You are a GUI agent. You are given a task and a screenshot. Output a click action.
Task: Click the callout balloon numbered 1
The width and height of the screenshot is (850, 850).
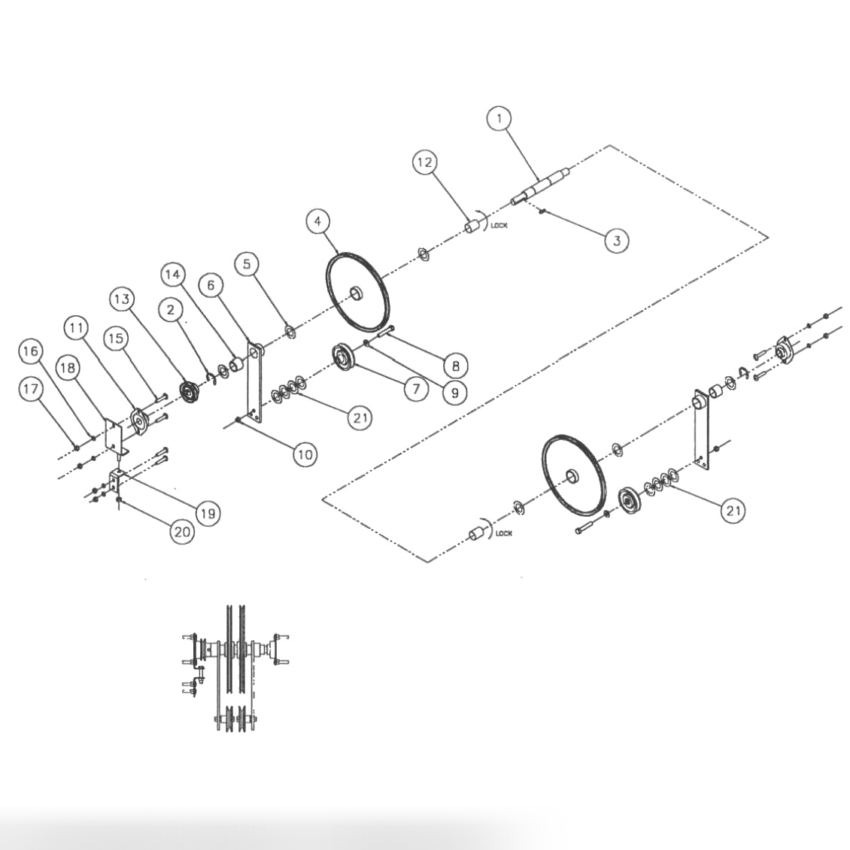point(499,118)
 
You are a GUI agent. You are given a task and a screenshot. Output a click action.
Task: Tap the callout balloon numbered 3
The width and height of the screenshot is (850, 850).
point(617,241)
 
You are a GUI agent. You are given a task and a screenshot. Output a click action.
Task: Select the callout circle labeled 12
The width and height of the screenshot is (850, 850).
point(425,162)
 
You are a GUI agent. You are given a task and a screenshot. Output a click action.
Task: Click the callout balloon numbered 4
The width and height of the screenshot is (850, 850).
point(318,221)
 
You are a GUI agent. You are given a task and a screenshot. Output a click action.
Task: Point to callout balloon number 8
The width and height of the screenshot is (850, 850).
point(455,366)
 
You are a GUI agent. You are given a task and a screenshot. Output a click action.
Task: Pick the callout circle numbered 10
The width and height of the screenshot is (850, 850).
point(305,454)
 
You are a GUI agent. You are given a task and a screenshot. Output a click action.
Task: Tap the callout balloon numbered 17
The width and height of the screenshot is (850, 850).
point(32,389)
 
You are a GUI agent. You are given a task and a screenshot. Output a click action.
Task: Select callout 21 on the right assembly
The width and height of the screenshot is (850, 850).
point(733,511)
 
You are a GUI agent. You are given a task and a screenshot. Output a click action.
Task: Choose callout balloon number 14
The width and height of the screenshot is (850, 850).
point(173,275)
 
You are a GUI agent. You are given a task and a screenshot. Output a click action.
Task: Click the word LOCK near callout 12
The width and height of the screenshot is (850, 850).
point(499,225)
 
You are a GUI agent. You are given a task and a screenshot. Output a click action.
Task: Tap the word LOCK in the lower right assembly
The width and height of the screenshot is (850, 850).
point(503,533)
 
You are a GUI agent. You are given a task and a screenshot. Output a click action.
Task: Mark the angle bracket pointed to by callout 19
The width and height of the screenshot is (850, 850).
point(117,481)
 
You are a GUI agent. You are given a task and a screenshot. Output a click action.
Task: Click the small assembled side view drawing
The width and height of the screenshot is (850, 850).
point(233,666)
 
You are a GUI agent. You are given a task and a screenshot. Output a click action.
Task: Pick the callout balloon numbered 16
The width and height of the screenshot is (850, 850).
point(32,351)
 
